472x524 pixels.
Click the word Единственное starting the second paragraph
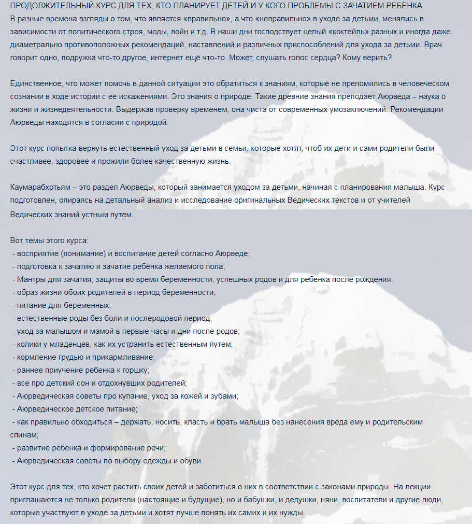tap(35, 83)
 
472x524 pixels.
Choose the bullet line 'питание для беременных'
tap(64, 305)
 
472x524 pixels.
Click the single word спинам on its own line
tap(23, 434)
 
